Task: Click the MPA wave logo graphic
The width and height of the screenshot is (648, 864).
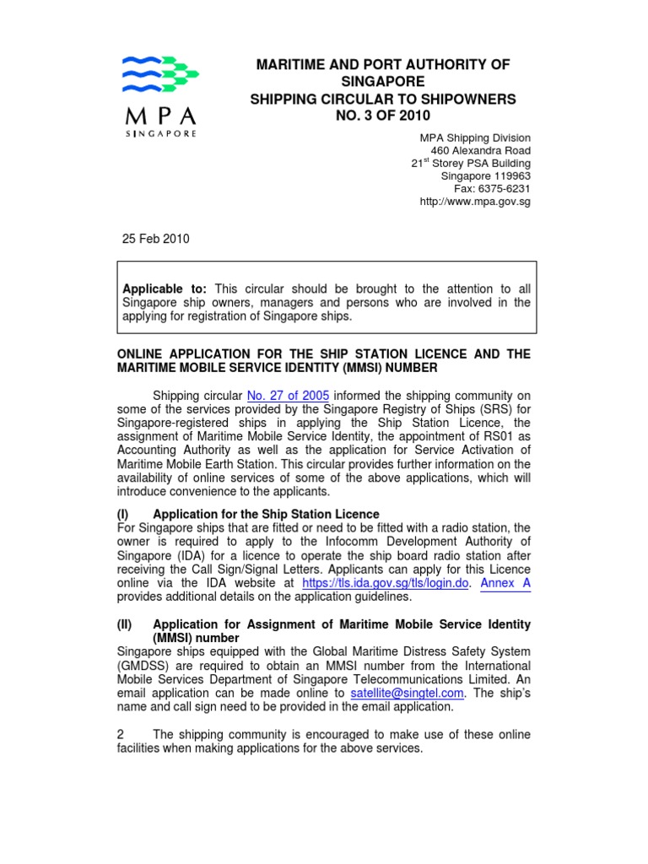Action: pos(161,74)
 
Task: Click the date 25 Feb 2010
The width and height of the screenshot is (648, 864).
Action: pos(157,239)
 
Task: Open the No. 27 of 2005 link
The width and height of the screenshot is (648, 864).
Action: pos(288,396)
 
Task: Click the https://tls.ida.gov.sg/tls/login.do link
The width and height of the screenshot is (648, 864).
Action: pos(385,582)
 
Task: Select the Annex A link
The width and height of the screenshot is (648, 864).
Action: pos(505,582)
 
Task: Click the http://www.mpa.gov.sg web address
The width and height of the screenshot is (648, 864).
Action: pos(475,202)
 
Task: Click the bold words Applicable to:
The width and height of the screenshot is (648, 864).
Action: pos(165,289)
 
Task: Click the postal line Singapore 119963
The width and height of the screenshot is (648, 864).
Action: pos(486,176)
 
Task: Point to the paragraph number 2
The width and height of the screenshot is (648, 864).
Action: pos(121,735)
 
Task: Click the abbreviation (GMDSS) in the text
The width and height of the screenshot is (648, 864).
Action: pos(143,665)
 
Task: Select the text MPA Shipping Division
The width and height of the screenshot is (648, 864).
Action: pos(475,138)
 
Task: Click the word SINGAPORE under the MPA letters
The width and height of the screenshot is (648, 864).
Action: pos(162,133)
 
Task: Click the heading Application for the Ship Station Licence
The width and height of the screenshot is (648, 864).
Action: pos(266,514)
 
